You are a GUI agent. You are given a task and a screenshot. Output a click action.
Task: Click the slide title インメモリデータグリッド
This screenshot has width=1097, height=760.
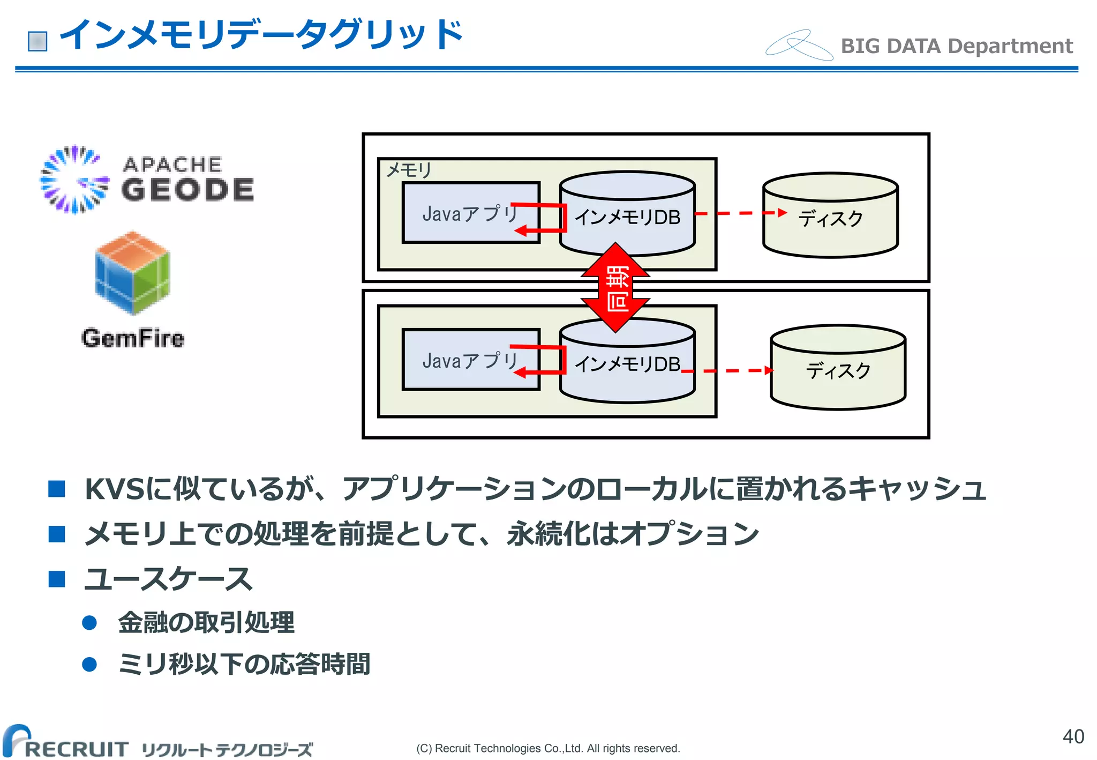(261, 35)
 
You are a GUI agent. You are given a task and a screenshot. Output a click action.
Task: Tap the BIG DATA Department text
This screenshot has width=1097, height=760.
(956, 46)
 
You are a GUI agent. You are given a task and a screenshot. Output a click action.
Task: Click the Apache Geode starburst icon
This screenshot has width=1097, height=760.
(74, 180)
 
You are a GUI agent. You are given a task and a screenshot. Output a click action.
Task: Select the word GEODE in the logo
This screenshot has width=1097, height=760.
(187, 190)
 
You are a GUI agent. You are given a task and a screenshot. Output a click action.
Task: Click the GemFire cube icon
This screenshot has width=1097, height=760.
(132, 273)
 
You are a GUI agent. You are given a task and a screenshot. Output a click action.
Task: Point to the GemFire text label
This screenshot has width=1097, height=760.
(133, 338)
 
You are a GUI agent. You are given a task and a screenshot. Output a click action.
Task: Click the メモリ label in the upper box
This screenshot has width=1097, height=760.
(409, 170)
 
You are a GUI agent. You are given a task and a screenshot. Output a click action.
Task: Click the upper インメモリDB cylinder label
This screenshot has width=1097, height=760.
(627, 217)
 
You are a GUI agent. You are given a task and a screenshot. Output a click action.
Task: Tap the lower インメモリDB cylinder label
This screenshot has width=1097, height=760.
(627, 364)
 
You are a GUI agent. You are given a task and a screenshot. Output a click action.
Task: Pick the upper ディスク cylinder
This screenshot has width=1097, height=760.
(830, 216)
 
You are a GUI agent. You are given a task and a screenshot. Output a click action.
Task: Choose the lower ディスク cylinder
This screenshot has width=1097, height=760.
(838, 369)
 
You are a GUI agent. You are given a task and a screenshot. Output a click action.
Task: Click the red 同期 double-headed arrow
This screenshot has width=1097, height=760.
(616, 288)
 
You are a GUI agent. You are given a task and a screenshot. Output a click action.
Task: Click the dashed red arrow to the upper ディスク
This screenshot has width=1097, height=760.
(740, 213)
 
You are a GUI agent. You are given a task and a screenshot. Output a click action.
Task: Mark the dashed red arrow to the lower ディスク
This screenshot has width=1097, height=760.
(728, 370)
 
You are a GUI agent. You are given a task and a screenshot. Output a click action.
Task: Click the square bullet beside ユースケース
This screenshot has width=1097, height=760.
(57, 579)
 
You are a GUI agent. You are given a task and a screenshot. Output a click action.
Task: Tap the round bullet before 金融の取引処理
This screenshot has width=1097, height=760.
(89, 623)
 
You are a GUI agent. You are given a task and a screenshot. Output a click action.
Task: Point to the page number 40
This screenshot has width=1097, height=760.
(1073, 736)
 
